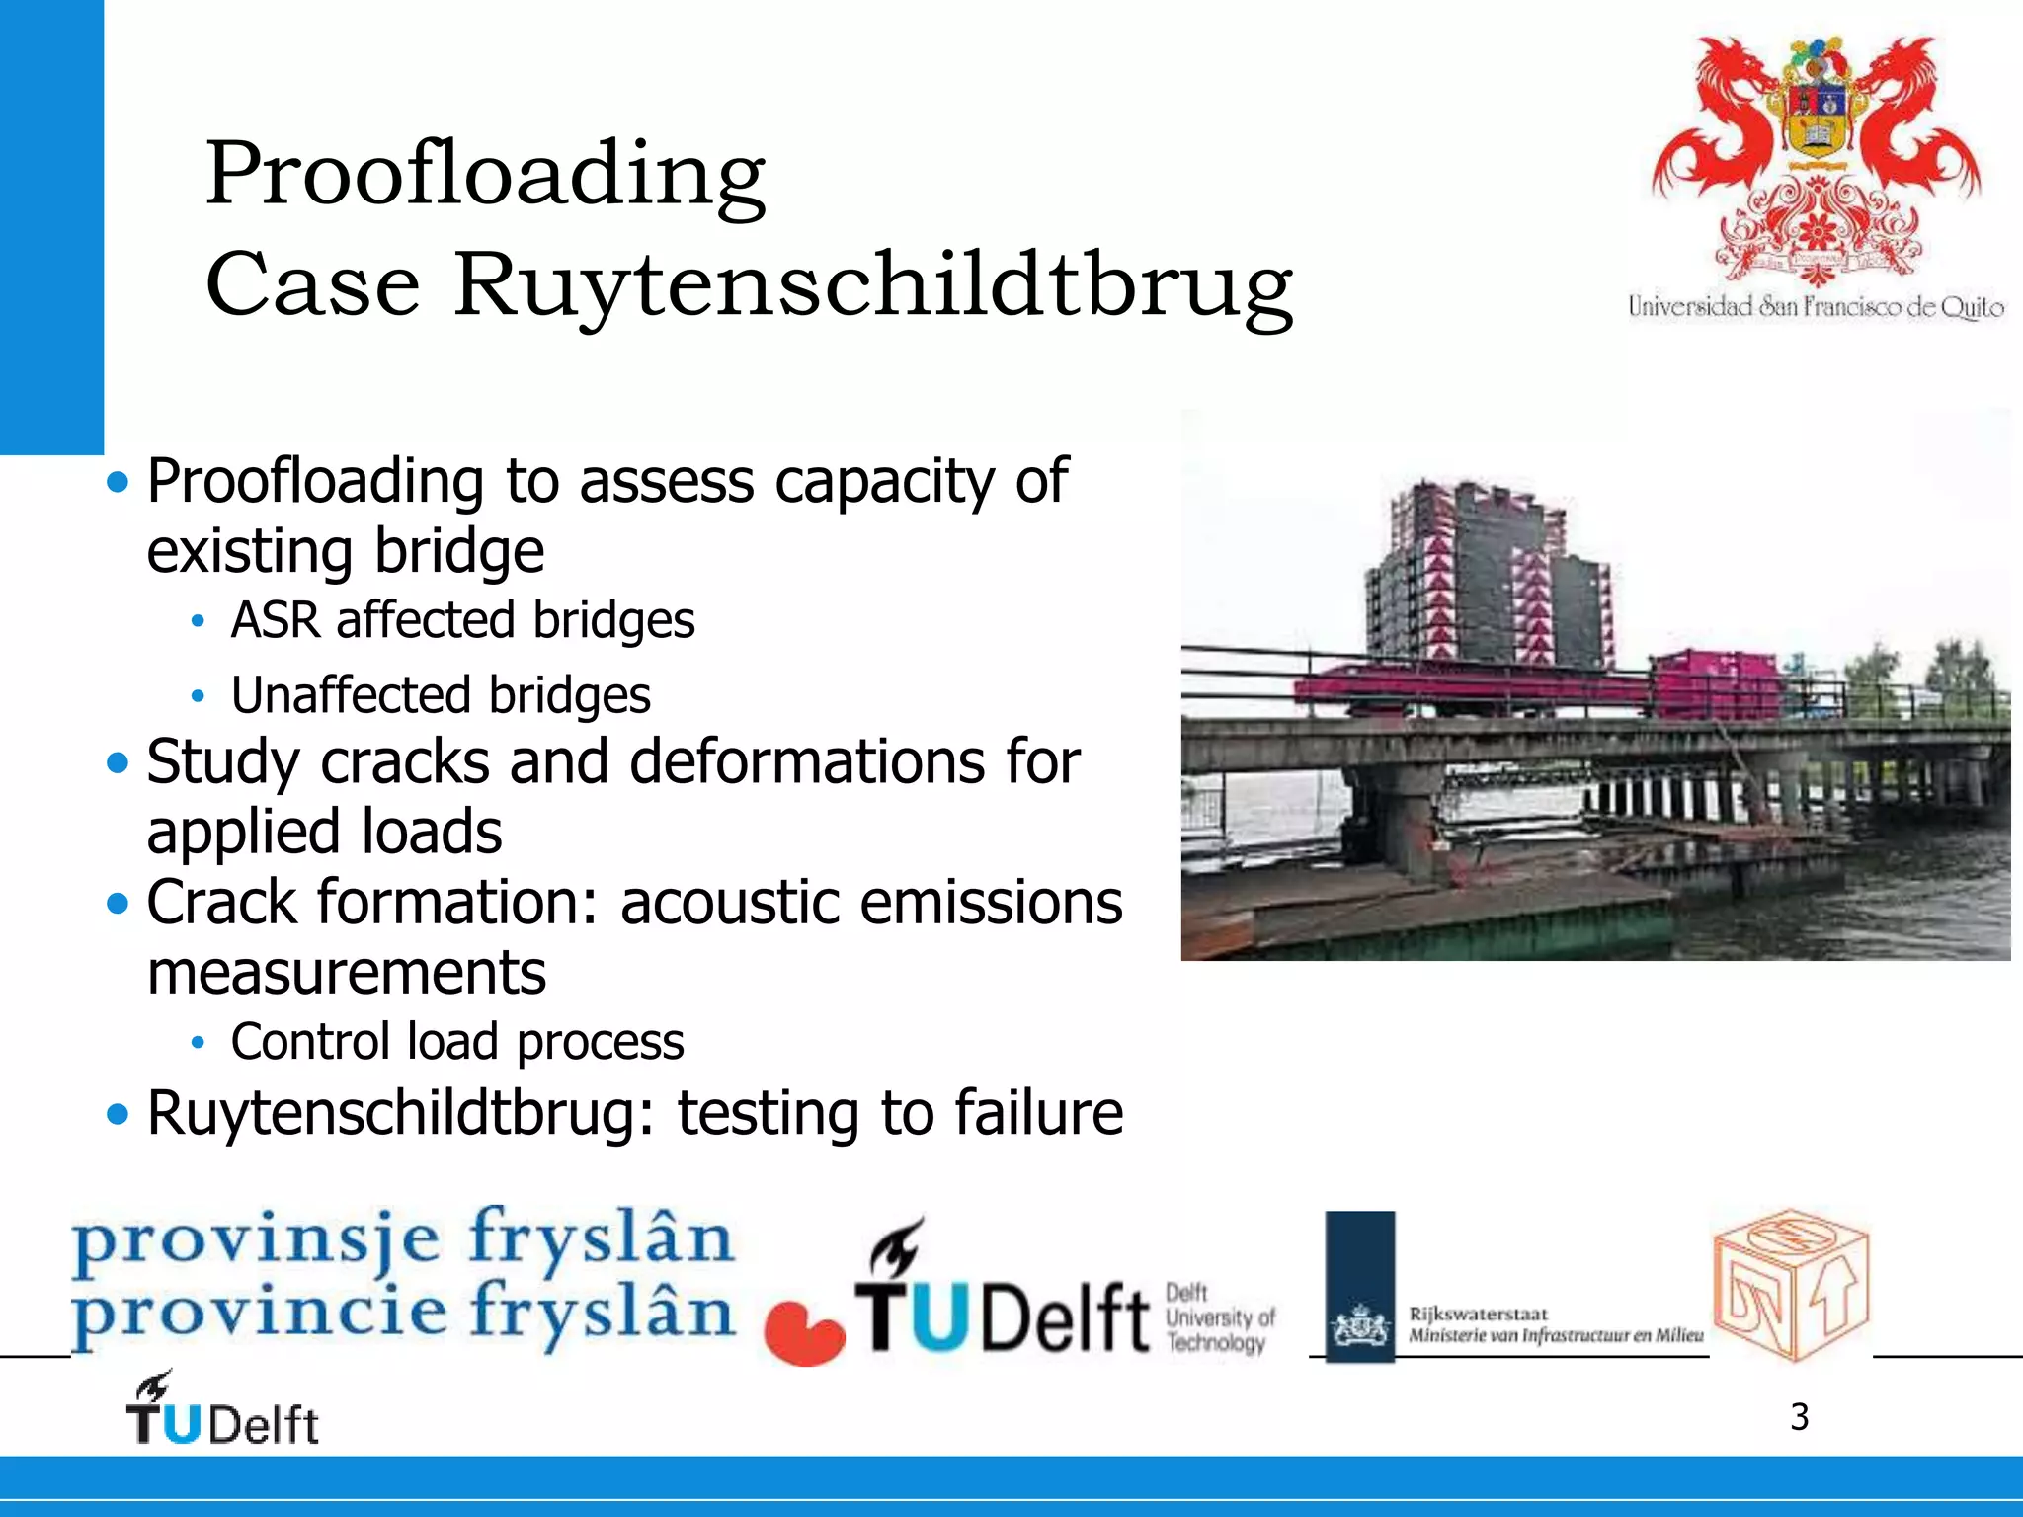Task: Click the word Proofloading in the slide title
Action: pos(484,174)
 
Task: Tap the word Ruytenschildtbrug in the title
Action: pos(872,285)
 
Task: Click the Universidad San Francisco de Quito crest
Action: pos(1816,158)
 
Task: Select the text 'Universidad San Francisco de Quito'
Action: pos(1816,307)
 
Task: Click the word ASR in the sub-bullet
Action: pos(275,620)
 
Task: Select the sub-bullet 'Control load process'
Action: pos(456,1042)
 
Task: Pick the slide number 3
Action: pos(1799,1417)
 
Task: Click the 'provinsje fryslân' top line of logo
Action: pos(403,1238)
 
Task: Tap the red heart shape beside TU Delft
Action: pos(804,1333)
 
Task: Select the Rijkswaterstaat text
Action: pos(1478,1314)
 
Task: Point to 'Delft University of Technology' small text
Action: pos(1219,1317)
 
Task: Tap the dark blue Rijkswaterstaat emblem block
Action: pos(1359,1286)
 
